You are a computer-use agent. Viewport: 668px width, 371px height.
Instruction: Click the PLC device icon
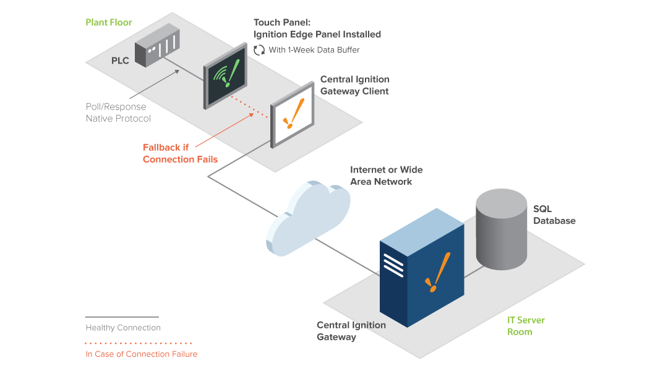pyautogui.click(x=157, y=46)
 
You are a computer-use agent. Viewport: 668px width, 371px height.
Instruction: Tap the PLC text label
pyautogui.click(x=120, y=61)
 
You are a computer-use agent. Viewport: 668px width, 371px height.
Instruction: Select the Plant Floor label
pyautogui.click(x=109, y=23)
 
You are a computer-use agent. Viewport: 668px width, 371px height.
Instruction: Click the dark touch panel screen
pyautogui.click(x=225, y=76)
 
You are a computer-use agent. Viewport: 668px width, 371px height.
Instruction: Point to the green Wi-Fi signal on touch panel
pyautogui.click(x=221, y=75)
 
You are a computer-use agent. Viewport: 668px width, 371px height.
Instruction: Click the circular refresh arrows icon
pyautogui.click(x=259, y=50)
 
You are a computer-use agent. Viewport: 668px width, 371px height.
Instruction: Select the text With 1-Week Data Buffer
pyautogui.click(x=314, y=50)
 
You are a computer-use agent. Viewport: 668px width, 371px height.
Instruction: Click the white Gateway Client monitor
pyautogui.click(x=292, y=114)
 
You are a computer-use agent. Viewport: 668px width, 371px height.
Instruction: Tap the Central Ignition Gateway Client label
pyautogui.click(x=354, y=85)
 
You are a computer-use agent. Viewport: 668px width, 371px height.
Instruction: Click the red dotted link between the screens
pyautogui.click(x=250, y=107)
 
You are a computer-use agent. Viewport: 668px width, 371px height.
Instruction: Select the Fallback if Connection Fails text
pyautogui.click(x=180, y=153)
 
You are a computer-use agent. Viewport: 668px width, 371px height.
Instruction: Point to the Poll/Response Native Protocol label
pyautogui.click(x=118, y=113)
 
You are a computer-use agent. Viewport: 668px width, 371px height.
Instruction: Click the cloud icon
pyautogui.click(x=308, y=218)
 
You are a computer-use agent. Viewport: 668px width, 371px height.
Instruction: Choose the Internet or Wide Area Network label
pyautogui.click(x=386, y=176)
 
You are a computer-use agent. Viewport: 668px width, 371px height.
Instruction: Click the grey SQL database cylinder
pyautogui.click(x=502, y=229)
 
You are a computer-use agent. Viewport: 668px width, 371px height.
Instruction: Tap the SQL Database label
pyautogui.click(x=554, y=215)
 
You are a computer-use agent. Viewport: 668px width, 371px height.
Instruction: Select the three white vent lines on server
pyautogui.click(x=393, y=265)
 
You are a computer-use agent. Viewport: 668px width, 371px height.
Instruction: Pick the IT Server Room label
pyautogui.click(x=526, y=326)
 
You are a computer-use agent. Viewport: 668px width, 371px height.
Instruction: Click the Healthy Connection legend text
pyautogui.click(x=123, y=328)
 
